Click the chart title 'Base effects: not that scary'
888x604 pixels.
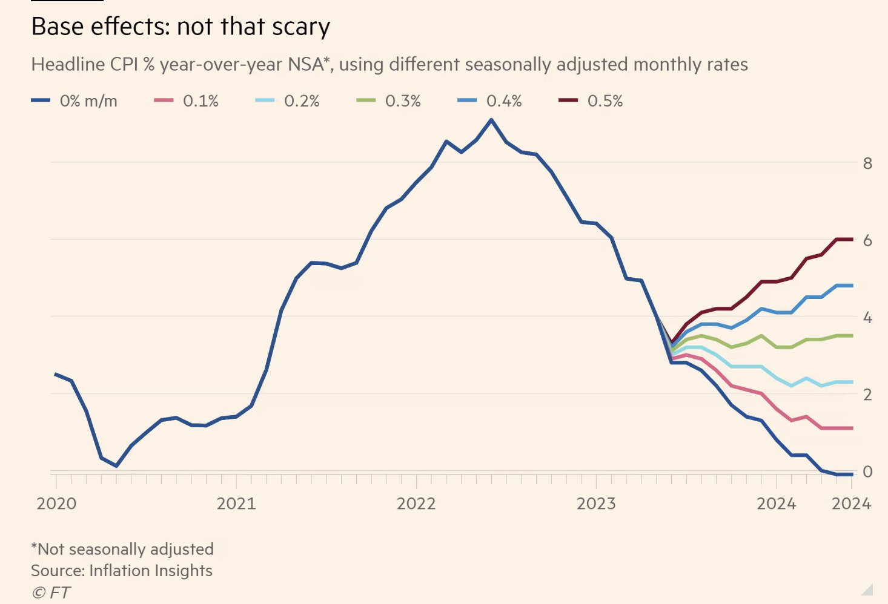pos(181,27)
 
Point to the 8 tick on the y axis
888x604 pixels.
pos(867,163)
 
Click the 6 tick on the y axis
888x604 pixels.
pos(867,240)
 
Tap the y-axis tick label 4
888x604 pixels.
pos(867,317)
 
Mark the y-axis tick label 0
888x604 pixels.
pos(867,471)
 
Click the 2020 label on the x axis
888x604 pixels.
pos(56,504)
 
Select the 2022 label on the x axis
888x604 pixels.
pos(416,504)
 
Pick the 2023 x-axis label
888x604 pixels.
pos(596,504)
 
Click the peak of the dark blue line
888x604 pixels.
pos(491,120)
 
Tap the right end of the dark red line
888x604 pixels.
pos(852,239)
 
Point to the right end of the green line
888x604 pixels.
pos(852,335)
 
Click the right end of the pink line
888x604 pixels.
pos(852,428)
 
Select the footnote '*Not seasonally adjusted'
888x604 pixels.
pos(122,549)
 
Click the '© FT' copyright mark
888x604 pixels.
pos(51,593)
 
